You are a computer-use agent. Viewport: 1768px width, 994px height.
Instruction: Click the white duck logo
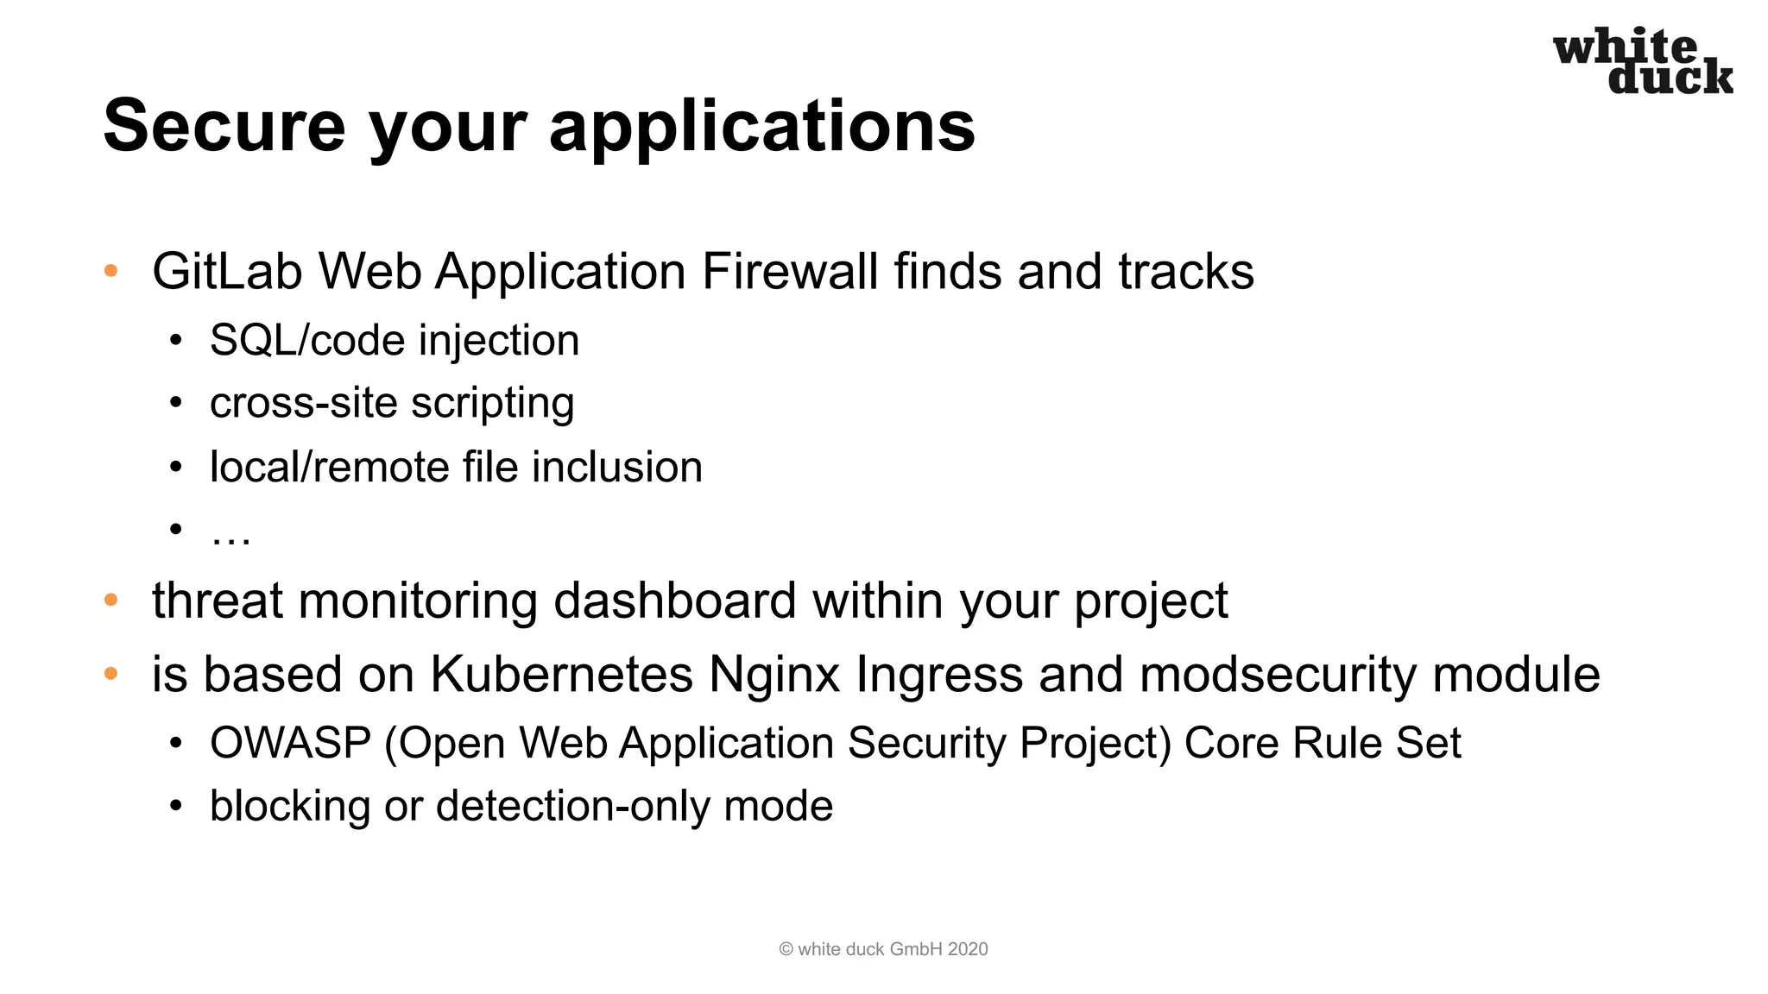point(1642,60)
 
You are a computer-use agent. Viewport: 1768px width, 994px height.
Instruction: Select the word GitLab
point(227,272)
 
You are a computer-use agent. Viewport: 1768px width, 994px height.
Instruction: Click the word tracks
point(1185,272)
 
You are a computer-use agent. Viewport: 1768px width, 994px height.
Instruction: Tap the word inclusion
point(616,467)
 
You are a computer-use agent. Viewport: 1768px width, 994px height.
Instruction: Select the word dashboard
point(674,601)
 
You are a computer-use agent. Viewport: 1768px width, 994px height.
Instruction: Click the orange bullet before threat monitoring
point(110,600)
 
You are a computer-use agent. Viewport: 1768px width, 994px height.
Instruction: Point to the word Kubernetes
point(561,674)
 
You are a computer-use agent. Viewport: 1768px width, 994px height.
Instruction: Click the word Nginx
point(774,674)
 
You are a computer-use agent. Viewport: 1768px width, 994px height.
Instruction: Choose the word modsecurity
point(1278,674)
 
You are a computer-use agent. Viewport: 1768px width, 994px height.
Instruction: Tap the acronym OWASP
point(290,743)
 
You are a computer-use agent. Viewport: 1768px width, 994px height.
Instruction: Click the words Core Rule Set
point(1323,743)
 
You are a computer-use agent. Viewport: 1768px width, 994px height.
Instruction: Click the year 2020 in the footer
point(967,949)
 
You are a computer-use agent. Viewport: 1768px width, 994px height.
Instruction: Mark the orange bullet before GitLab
point(110,271)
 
